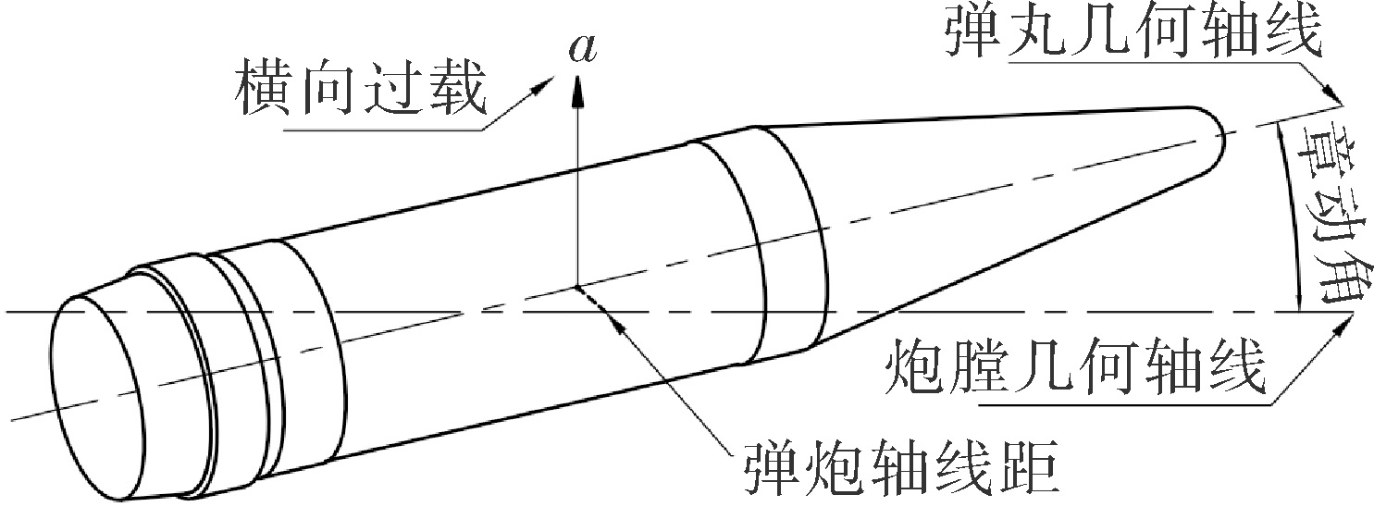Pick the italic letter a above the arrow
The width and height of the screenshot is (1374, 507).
[x=582, y=49]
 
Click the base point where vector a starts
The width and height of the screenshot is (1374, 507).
[x=576, y=286]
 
